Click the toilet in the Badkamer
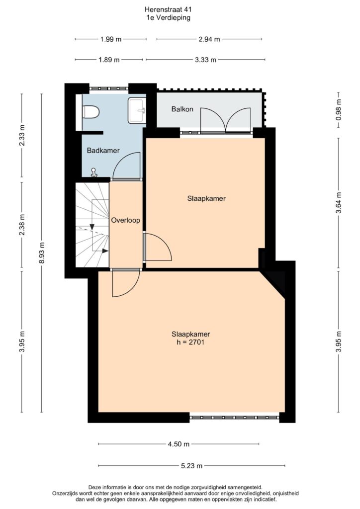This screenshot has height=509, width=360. (90, 112)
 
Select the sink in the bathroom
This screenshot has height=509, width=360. (137, 110)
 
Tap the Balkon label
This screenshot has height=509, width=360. (182, 109)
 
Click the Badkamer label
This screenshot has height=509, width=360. (103, 150)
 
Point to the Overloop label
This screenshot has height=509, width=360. (126, 220)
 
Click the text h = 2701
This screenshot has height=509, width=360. (190, 342)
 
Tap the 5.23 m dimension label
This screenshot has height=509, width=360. (191, 466)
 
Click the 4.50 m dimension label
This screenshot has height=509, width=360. (179, 444)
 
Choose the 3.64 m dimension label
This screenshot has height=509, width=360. (339, 203)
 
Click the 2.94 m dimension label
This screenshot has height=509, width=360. (209, 39)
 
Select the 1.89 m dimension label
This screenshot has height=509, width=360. (109, 60)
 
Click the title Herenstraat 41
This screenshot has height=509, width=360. (169, 10)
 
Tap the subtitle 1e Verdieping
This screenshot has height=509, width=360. (169, 18)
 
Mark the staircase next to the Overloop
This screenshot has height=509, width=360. (92, 225)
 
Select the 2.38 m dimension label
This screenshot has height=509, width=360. (22, 225)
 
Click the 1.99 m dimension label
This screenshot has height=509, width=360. (111, 39)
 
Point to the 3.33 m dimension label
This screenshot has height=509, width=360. (205, 60)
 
